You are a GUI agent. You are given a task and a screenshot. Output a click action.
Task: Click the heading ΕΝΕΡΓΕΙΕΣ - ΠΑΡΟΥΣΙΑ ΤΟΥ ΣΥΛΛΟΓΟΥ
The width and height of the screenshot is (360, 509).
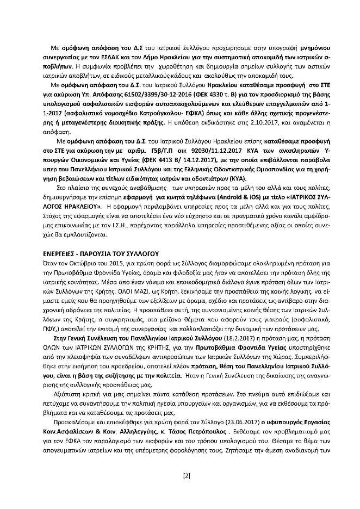(100, 239)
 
